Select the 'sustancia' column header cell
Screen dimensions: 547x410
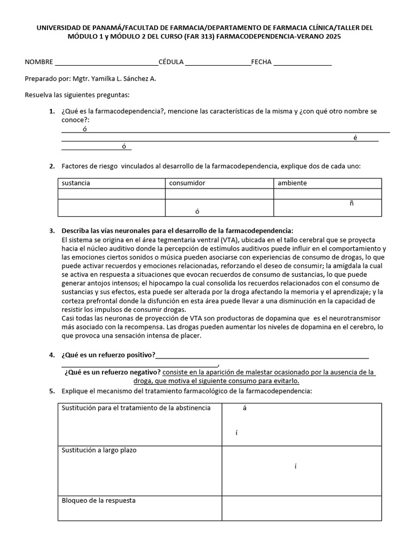click(111, 183)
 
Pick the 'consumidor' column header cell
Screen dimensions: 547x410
click(219, 183)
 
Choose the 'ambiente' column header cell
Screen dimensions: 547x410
click(327, 183)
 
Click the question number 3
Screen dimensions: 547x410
click(52, 231)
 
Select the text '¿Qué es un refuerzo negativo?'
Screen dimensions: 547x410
click(113, 372)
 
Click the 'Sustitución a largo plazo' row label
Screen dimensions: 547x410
click(99, 450)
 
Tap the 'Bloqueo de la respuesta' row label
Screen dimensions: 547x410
click(99, 501)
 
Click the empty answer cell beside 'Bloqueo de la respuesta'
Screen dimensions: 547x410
click(302, 508)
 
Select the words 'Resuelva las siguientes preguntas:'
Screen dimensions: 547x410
click(77, 95)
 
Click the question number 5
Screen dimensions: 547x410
click(52, 391)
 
